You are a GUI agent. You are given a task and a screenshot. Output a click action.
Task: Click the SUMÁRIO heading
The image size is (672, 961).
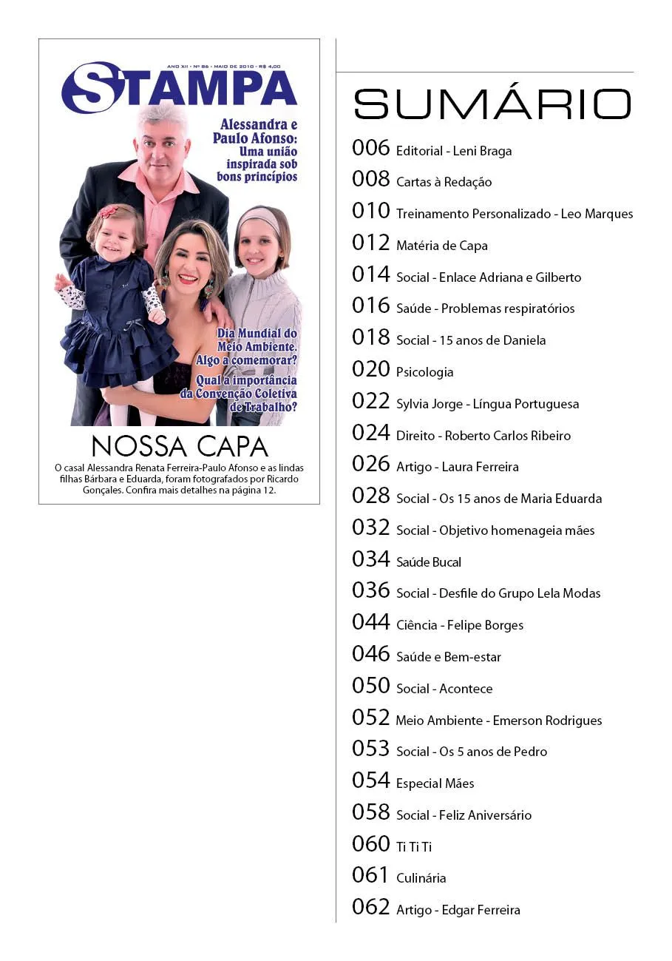(492, 104)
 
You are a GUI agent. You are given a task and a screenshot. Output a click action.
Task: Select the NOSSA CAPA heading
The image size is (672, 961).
(180, 447)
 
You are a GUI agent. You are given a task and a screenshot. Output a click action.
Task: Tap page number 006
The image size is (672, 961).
(370, 148)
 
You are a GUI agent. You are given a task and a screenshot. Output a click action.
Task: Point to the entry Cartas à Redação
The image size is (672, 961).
(444, 182)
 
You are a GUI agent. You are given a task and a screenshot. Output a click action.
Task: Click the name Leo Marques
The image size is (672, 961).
(597, 214)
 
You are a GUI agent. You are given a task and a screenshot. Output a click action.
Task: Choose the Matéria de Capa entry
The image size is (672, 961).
(441, 246)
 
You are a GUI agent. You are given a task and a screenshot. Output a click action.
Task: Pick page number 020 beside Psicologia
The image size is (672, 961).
(370, 369)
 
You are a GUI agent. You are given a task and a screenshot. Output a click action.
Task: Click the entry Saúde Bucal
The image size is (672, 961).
(428, 562)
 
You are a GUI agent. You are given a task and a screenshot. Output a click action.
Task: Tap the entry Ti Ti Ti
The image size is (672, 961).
(413, 847)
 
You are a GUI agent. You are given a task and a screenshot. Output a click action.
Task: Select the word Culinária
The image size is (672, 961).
(421, 878)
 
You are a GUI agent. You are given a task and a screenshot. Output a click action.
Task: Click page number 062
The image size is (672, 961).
(370, 907)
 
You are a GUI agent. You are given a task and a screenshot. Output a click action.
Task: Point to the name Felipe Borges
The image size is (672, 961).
(485, 625)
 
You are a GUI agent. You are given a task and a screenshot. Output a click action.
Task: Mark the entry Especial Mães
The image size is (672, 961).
(435, 783)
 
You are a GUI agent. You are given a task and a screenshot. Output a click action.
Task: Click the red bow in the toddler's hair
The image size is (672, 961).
(109, 212)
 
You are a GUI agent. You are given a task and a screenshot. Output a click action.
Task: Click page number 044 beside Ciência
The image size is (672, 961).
(370, 622)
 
